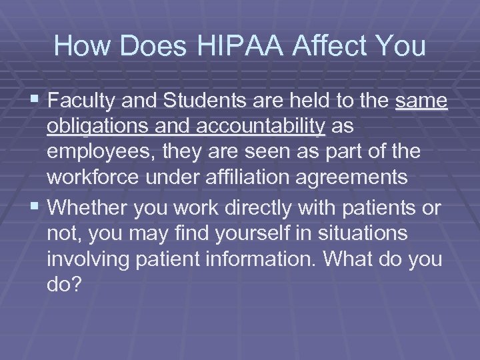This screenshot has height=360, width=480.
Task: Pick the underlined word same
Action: click(422, 101)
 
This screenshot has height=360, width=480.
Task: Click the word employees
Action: click(104, 153)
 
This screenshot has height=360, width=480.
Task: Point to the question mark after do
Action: click(75, 284)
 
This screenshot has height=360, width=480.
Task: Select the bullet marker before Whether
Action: click(39, 207)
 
